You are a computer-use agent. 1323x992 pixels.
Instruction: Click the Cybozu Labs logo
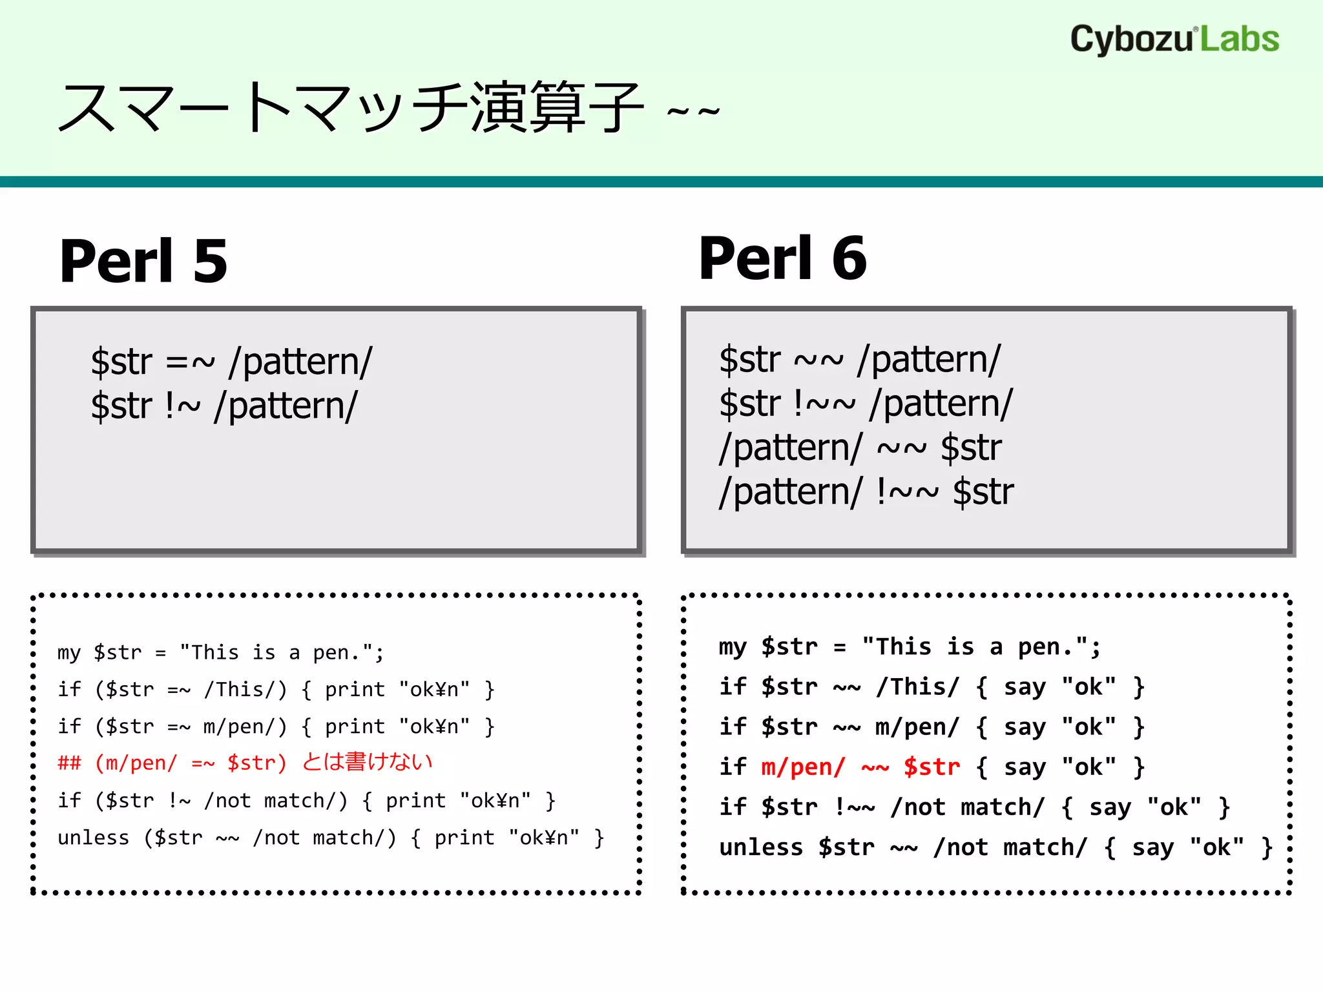1174,39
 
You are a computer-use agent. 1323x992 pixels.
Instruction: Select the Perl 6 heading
782,258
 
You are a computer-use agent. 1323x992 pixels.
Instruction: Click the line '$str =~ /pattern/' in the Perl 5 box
231,362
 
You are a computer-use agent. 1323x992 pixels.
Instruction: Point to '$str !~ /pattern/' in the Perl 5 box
224,406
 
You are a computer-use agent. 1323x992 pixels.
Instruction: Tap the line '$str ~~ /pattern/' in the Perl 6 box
859,360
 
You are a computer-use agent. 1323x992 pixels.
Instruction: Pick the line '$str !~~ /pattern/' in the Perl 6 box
866,404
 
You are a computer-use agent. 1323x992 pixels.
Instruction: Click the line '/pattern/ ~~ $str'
859,448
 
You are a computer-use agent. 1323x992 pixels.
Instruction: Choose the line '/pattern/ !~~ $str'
866,492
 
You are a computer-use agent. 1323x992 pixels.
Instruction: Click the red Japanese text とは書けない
367,763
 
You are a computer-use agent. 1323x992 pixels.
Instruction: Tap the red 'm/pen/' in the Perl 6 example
802,767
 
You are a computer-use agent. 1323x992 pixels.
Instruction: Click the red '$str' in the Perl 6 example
931,767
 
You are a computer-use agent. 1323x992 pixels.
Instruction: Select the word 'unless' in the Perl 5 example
93,838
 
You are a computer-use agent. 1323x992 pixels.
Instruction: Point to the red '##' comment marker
69,763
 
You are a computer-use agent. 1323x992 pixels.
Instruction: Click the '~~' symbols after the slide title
693,112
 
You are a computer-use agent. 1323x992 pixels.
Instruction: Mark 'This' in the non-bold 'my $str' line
215,652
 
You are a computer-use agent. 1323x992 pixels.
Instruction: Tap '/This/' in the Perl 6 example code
917,687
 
